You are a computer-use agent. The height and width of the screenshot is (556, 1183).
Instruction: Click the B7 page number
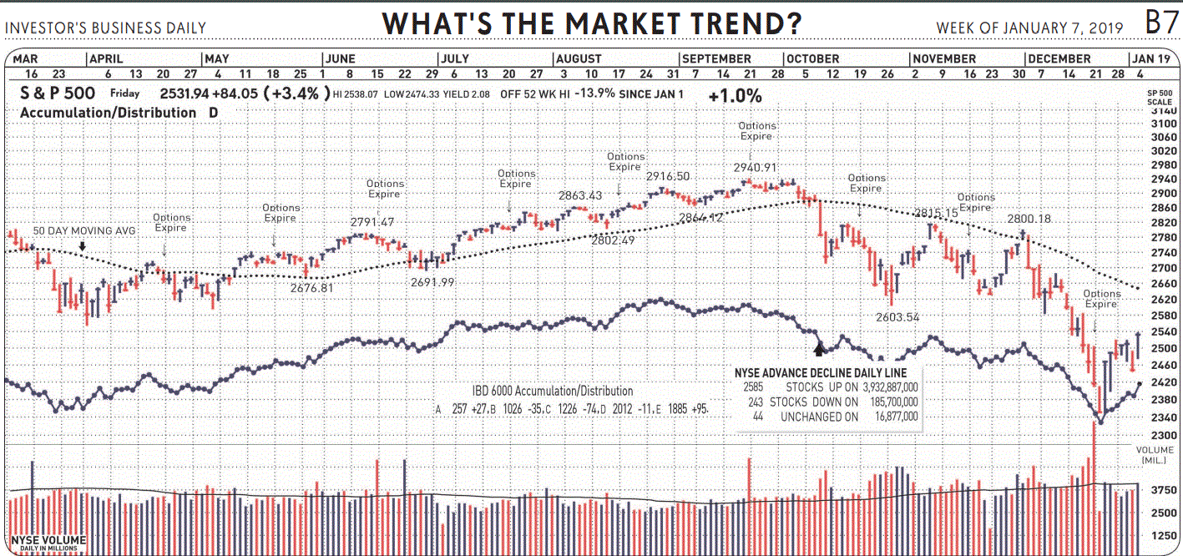1161,23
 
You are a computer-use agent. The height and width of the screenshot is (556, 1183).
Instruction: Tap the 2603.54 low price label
897,317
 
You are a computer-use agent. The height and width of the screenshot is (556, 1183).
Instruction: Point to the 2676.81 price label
311,288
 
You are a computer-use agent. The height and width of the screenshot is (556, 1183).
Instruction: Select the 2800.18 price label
1029,219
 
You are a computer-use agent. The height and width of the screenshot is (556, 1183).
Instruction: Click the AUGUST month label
579,59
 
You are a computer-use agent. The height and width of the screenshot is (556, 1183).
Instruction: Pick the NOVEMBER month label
944,59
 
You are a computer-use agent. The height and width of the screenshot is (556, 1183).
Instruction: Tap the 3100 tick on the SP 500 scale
1163,124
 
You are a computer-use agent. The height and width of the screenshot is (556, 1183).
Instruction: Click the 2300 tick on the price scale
1163,436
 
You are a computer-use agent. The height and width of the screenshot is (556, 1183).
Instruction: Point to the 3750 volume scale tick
1163,491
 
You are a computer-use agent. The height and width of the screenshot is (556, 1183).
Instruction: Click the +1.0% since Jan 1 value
735,96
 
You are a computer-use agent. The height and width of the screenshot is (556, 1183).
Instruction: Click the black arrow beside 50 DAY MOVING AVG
83,246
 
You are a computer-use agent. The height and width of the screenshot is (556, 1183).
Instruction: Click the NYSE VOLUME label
48,541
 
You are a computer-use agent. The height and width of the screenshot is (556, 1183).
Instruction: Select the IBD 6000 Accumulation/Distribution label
552,391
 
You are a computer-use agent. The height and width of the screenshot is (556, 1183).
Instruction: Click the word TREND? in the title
739,23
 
